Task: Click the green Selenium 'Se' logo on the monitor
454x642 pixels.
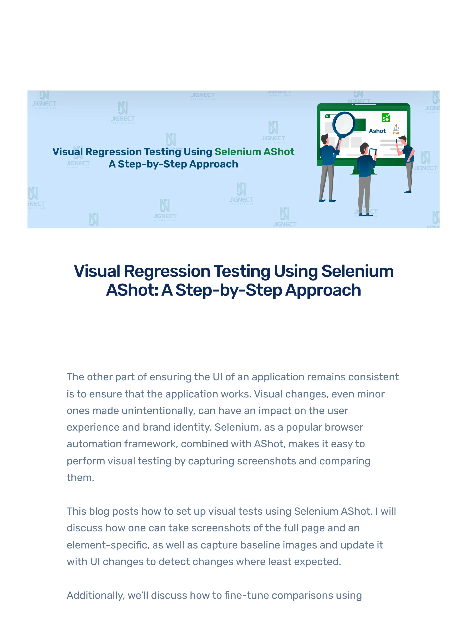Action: (386, 117)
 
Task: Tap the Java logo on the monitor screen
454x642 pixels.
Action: (396, 129)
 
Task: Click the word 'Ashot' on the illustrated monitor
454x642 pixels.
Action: (377, 131)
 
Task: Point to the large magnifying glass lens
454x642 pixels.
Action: (344, 124)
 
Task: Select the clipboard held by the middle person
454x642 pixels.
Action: (373, 152)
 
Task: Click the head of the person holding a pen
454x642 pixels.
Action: (403, 140)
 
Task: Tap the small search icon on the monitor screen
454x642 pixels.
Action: (327, 116)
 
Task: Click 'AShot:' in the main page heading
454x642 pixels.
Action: (132, 290)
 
